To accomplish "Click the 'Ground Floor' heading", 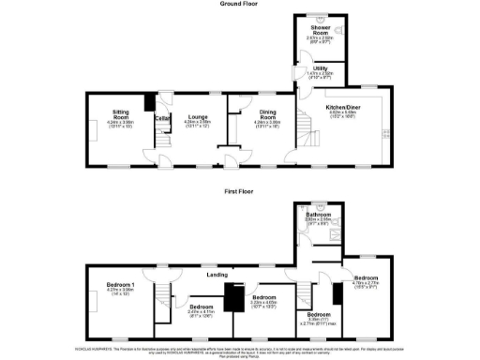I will [x=240, y=4].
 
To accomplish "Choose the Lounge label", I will [x=197, y=117].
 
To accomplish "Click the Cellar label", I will [x=160, y=117].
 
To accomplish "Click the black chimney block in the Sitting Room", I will [x=148, y=102].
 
